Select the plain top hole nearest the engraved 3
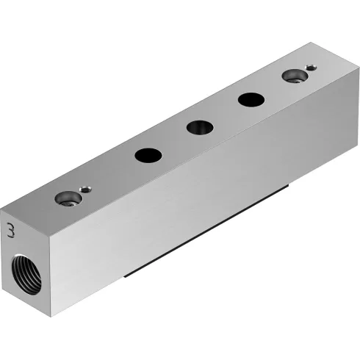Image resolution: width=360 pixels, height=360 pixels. [148, 155]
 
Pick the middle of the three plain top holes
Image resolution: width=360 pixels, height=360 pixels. [199, 127]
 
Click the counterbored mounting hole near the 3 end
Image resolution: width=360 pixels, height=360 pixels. [70, 198]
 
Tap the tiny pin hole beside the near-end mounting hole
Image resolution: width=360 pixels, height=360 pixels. [87, 188]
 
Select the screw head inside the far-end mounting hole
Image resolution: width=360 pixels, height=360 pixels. [295, 76]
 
